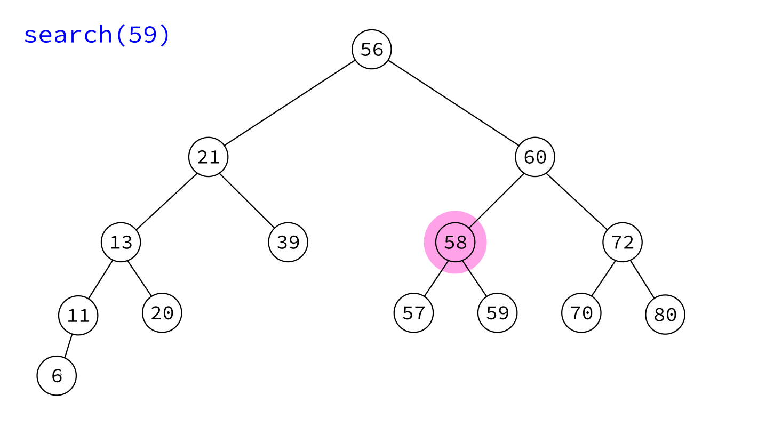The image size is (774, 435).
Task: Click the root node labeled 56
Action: [x=371, y=50]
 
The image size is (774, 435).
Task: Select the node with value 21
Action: [x=209, y=157]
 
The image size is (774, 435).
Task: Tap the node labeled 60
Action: [x=535, y=157]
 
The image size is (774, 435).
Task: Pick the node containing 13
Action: [x=121, y=242]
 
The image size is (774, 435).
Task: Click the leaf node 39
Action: [x=288, y=242]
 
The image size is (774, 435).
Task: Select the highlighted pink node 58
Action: [x=455, y=242]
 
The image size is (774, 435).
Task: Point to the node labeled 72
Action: [x=623, y=242]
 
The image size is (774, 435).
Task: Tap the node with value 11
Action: [x=78, y=315]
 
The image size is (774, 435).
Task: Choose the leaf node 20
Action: [x=162, y=313]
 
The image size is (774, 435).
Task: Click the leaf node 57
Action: [x=413, y=313]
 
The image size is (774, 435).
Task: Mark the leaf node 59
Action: [x=497, y=313]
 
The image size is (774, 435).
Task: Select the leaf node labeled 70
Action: [x=581, y=313]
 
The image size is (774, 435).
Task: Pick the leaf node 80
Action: [x=665, y=315]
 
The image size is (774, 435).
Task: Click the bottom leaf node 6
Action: [x=57, y=376]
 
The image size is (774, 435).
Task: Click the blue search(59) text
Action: [x=97, y=35]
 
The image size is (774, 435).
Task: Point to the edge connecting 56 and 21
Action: [x=290, y=103]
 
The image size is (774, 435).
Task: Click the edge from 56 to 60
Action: [x=453, y=103]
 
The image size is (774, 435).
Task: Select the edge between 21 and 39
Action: [x=247, y=201]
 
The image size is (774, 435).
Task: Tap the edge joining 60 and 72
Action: [x=577, y=202]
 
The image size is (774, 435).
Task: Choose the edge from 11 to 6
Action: [x=68, y=346]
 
